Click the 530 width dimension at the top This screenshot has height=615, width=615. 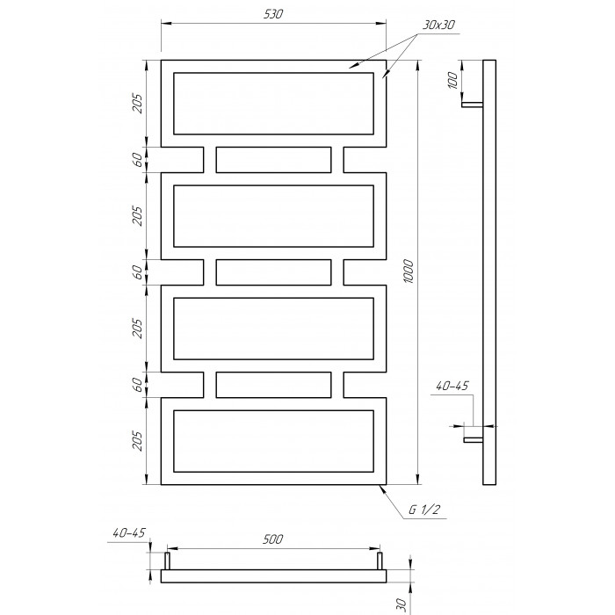(x=272, y=15)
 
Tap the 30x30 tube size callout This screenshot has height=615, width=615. (x=438, y=25)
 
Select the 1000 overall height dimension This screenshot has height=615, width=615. (x=409, y=271)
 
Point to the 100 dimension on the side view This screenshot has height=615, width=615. (x=452, y=81)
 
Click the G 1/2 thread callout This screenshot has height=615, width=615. (x=424, y=510)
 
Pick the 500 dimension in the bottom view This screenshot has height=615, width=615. (x=272, y=539)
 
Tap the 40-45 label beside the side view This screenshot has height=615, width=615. (x=452, y=386)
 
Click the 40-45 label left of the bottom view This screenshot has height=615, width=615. (x=129, y=532)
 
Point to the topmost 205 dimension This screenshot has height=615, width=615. (x=137, y=103)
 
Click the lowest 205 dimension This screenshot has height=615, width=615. (x=137, y=441)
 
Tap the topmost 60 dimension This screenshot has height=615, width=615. (x=137, y=160)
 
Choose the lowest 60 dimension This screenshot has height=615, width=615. (x=137, y=385)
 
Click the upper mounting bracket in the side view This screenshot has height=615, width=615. (x=473, y=105)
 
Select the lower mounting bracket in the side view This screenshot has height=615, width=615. (x=474, y=440)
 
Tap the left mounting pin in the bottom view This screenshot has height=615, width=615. (x=167, y=561)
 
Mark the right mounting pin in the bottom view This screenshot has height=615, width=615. (x=380, y=561)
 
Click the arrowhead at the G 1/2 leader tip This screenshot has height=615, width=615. (x=380, y=488)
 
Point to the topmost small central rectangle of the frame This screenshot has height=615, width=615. (x=273, y=160)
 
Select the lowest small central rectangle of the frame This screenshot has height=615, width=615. (x=273, y=385)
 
